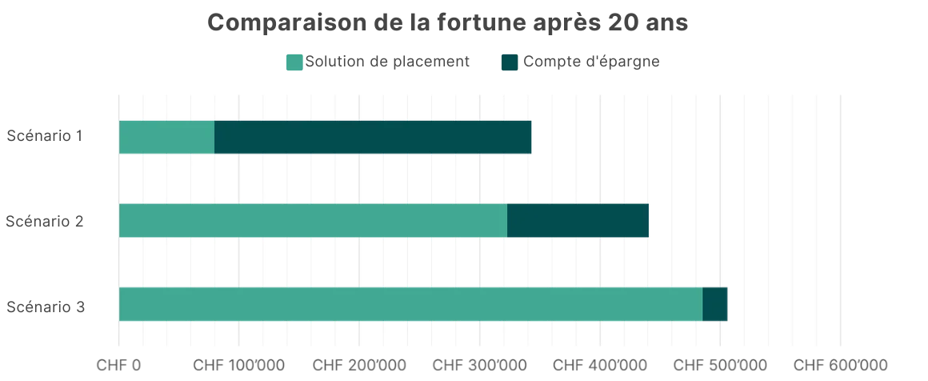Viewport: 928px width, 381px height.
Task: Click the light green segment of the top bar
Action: pyautogui.click(x=166, y=138)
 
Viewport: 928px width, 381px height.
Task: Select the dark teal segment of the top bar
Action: pyautogui.click(x=373, y=138)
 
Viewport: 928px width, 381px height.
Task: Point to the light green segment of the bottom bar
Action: pyautogui.click(x=410, y=304)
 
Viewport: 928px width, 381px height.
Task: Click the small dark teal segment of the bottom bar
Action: pyautogui.click(x=715, y=304)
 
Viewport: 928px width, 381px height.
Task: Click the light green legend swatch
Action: pyautogui.click(x=295, y=63)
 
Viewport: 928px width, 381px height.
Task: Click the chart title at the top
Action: pyautogui.click(x=446, y=22)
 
